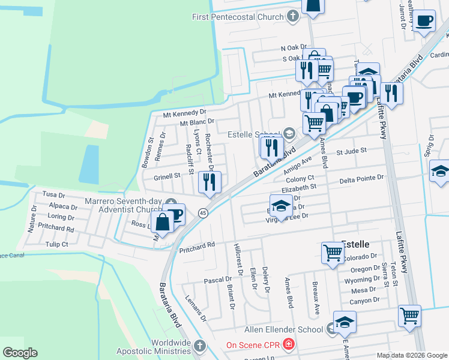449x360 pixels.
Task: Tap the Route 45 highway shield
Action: click(203, 213)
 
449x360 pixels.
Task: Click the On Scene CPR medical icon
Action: click(289, 344)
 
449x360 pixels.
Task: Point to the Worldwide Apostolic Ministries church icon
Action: click(200, 346)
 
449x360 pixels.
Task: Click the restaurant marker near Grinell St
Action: click(209, 182)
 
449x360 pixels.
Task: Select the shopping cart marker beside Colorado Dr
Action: click(333, 253)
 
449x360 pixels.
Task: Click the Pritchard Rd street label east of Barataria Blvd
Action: click(197, 246)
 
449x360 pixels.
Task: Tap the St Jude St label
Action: click(352, 152)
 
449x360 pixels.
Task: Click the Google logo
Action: click(20, 353)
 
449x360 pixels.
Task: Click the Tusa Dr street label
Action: click(54, 195)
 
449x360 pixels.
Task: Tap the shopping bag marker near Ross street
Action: click(163, 221)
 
